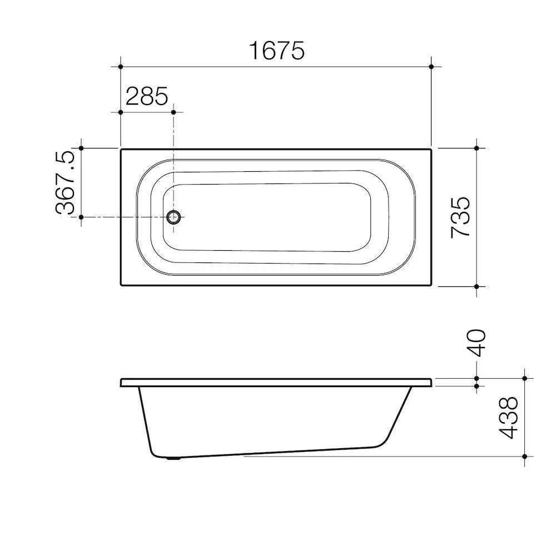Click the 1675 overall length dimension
(x=276, y=51)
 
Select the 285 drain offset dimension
(x=146, y=96)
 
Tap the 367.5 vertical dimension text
(x=65, y=182)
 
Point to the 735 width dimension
(x=461, y=217)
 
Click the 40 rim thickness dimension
(x=477, y=342)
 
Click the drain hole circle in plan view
(x=174, y=217)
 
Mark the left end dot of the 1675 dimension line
(x=121, y=66)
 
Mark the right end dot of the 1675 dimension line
(x=431, y=66)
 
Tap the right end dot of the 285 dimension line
(x=174, y=112)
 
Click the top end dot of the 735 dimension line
(x=477, y=148)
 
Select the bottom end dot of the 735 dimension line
(x=477, y=286)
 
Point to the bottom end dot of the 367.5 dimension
(x=81, y=217)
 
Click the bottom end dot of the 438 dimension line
(x=524, y=456)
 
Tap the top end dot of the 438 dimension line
(x=524, y=378)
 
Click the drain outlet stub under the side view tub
(x=174, y=459)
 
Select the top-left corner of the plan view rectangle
(x=121, y=149)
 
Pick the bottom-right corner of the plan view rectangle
(x=431, y=285)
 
